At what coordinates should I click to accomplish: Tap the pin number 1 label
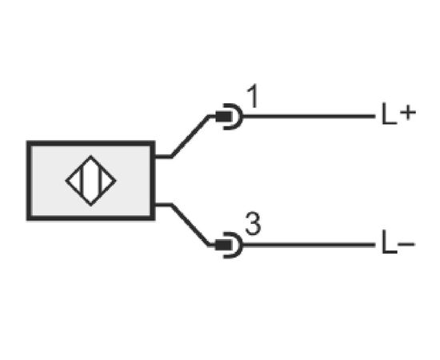point(253,96)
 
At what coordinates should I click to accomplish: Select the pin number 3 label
point(253,224)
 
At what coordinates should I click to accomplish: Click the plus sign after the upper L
point(408,113)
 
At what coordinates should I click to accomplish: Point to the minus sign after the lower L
point(406,244)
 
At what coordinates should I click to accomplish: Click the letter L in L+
point(390,114)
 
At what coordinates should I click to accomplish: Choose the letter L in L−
point(390,243)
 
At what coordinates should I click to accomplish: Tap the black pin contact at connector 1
point(224,117)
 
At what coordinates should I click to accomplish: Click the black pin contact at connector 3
point(223,245)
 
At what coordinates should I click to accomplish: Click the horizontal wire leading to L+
point(310,116)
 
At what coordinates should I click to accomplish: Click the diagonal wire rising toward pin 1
point(190,136)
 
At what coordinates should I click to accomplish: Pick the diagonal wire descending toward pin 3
point(190,225)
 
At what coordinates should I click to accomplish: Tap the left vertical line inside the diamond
point(82,181)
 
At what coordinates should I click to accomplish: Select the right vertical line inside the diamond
point(99,181)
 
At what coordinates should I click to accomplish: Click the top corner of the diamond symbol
point(90,156)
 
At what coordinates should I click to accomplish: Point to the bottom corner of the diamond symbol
point(90,206)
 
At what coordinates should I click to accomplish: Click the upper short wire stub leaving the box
point(163,156)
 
